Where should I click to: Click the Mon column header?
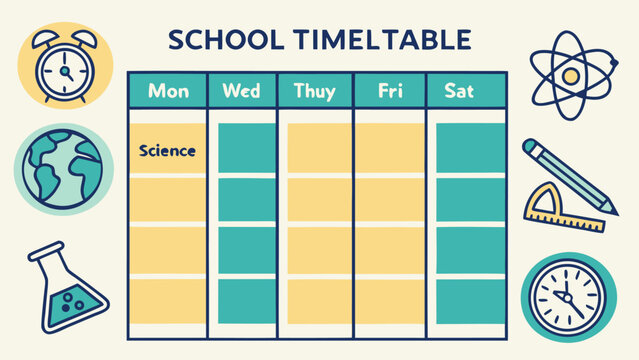pyautogui.click(x=167, y=91)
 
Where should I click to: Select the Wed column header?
pyautogui.click(x=241, y=91)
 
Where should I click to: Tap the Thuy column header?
pyautogui.click(x=315, y=91)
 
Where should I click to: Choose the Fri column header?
pyautogui.click(x=390, y=91)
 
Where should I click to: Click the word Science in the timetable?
pyautogui.click(x=167, y=151)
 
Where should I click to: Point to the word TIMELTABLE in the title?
pyautogui.click(x=385, y=40)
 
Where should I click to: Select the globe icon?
pyautogui.click(x=58, y=169)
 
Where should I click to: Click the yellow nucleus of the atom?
pyautogui.click(x=571, y=75)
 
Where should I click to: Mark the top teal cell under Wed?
pyautogui.click(x=246, y=148)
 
